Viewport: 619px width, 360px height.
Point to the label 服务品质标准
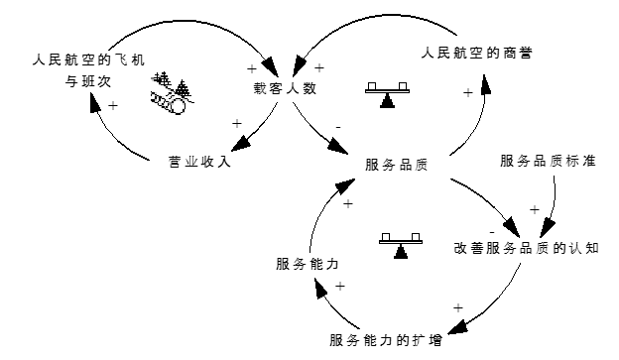[548, 160]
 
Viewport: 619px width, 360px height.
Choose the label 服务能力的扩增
[387, 340]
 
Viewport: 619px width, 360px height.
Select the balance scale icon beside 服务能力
[400, 243]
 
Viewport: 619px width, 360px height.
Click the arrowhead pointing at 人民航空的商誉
[485, 81]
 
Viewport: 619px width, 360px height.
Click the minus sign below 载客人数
[338, 128]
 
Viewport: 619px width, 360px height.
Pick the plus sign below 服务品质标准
[534, 209]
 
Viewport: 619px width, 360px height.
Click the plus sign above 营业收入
[236, 123]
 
